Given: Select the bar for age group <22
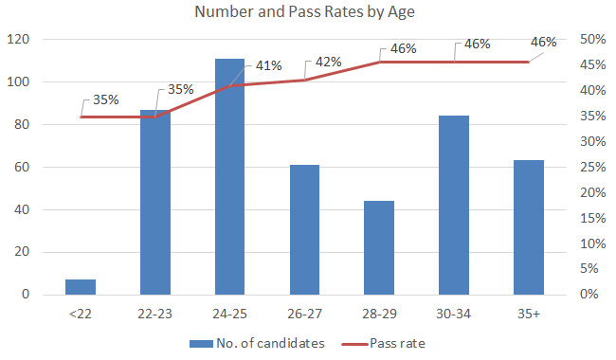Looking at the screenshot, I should (81, 287).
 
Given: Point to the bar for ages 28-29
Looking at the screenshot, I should (379, 247).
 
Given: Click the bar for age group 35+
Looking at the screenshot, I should (528, 227).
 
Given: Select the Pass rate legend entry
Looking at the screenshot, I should (394, 342).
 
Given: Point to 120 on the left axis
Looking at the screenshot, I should (20, 40).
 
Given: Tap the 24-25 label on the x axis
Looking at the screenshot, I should (229, 314).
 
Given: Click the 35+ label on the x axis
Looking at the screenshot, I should (528, 314).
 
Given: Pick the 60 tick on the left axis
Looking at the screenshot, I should (23, 167).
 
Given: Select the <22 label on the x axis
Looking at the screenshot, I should (81, 314).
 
